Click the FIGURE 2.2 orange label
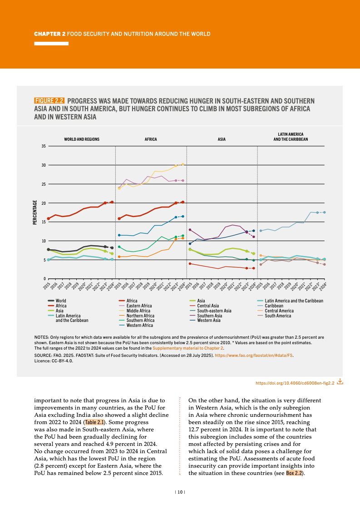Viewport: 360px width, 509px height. [49, 101]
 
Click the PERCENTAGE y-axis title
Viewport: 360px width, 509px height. [35, 212]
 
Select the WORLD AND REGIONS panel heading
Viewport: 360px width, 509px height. [82, 139]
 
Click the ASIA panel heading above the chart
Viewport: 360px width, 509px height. [222, 139]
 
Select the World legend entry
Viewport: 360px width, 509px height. [60, 301]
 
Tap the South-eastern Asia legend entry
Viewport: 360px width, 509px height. [214, 311]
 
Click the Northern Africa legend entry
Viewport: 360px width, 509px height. [140, 316]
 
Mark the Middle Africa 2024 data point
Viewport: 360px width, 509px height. [183, 164]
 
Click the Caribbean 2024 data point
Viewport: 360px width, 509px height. [324, 212]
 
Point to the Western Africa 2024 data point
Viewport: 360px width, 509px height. [183, 217]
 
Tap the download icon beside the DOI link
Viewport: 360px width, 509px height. [340, 382]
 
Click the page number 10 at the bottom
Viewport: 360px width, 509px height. [180, 492]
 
